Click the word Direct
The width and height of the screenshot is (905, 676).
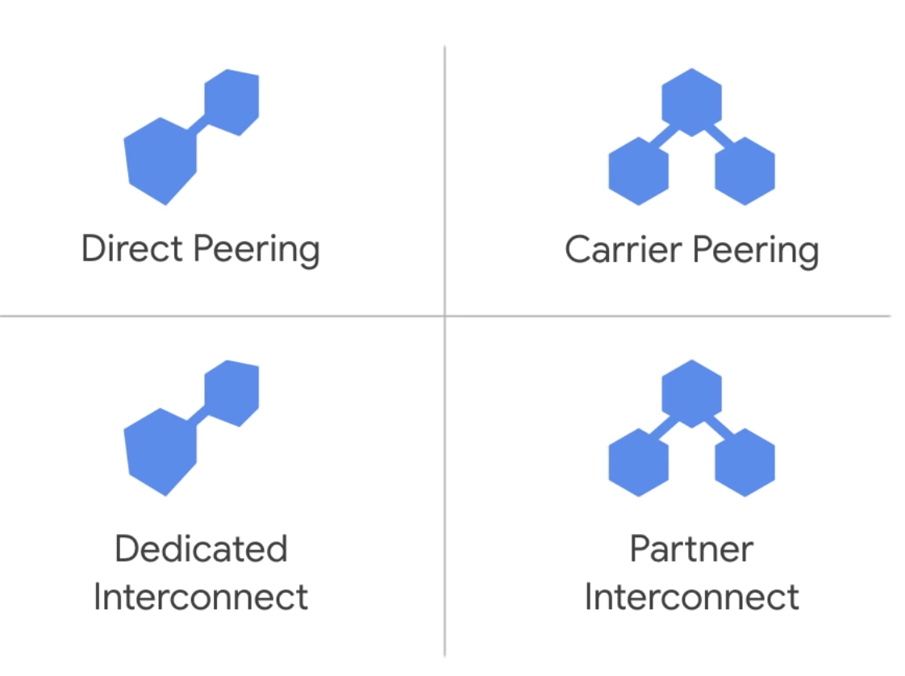(133, 248)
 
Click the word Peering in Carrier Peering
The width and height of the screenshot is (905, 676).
(756, 251)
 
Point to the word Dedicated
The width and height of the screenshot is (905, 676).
(201, 549)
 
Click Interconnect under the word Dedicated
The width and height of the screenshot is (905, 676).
(201, 598)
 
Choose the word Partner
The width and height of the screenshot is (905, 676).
(691, 549)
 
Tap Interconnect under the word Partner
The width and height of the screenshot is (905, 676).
(691, 598)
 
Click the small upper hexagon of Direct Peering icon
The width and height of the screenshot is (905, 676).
(231, 102)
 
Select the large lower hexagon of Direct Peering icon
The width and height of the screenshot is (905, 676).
(161, 160)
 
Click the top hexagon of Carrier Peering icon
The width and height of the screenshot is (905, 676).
(691, 101)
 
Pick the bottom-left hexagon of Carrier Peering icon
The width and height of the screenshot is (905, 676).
(638, 171)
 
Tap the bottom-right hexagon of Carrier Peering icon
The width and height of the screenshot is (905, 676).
(744, 171)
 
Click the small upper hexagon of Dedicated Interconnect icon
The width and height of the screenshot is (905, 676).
(231, 393)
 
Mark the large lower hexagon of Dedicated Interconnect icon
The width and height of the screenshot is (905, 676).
(161, 451)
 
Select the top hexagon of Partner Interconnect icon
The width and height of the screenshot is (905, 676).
(691, 392)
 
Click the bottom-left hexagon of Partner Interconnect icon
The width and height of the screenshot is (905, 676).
(638, 462)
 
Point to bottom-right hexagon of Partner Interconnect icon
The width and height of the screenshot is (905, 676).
(744, 462)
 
